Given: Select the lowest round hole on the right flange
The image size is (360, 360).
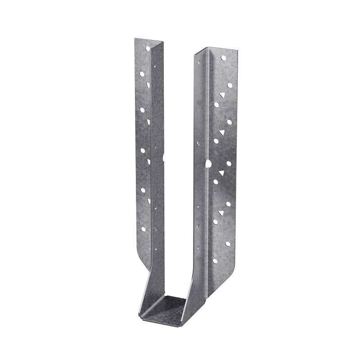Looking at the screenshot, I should click(228, 243).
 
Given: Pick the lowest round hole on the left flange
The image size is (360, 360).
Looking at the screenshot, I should click(144, 229).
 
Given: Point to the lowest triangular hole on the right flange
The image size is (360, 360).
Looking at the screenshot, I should click(221, 211).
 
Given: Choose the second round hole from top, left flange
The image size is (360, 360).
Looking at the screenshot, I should click(142, 72).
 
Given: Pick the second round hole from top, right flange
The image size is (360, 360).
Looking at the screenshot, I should click(229, 85).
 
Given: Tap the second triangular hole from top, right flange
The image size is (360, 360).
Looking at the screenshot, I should click(221, 132).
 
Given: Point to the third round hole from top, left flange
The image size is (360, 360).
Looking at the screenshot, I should click(142, 109).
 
